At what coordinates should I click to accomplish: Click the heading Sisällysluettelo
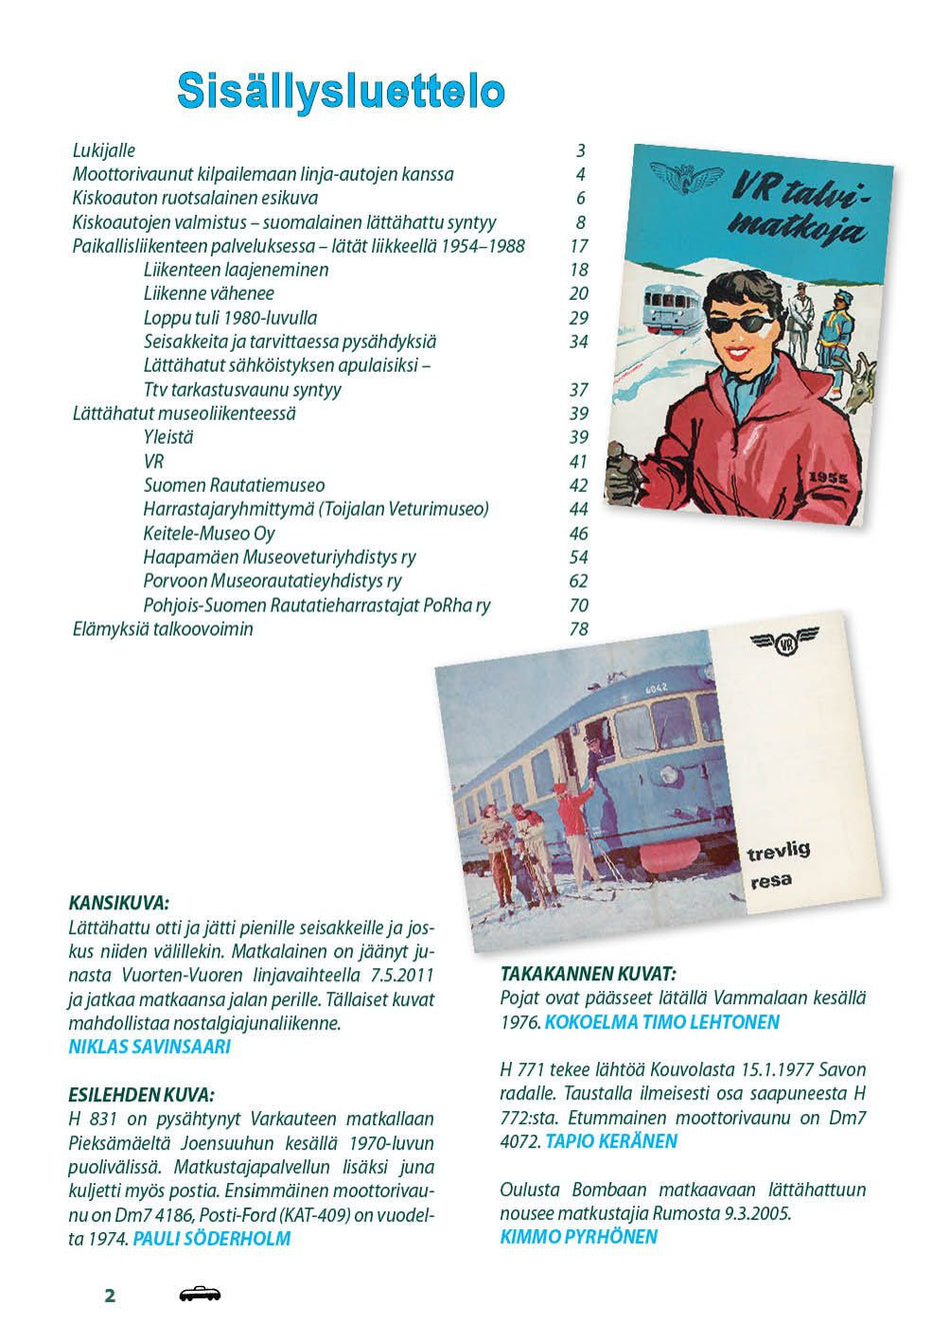coord(340,91)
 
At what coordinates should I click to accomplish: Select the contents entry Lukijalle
coord(104,151)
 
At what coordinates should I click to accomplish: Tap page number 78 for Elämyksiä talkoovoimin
coord(578,630)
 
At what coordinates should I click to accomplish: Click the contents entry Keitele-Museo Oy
coord(209,534)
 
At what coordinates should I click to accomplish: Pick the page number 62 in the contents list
coord(578,582)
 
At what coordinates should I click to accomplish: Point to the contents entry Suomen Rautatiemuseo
coord(234,486)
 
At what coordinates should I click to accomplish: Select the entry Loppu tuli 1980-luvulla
coord(230,318)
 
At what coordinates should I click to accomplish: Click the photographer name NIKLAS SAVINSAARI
coord(149,1047)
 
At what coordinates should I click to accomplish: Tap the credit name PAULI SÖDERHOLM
coord(211,1239)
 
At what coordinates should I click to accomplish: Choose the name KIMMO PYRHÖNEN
coord(579,1237)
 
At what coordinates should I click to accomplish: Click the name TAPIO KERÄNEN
coord(611,1141)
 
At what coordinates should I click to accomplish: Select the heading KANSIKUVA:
coord(119,903)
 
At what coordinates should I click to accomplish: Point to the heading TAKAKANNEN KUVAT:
coord(588,973)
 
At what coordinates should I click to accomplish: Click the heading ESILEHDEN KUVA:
coord(141,1095)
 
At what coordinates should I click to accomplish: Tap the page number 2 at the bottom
coord(110,1296)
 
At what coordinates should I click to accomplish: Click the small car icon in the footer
coord(199,1295)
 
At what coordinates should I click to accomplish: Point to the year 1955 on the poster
coord(830,478)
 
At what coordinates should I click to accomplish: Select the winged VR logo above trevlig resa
coord(784,643)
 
